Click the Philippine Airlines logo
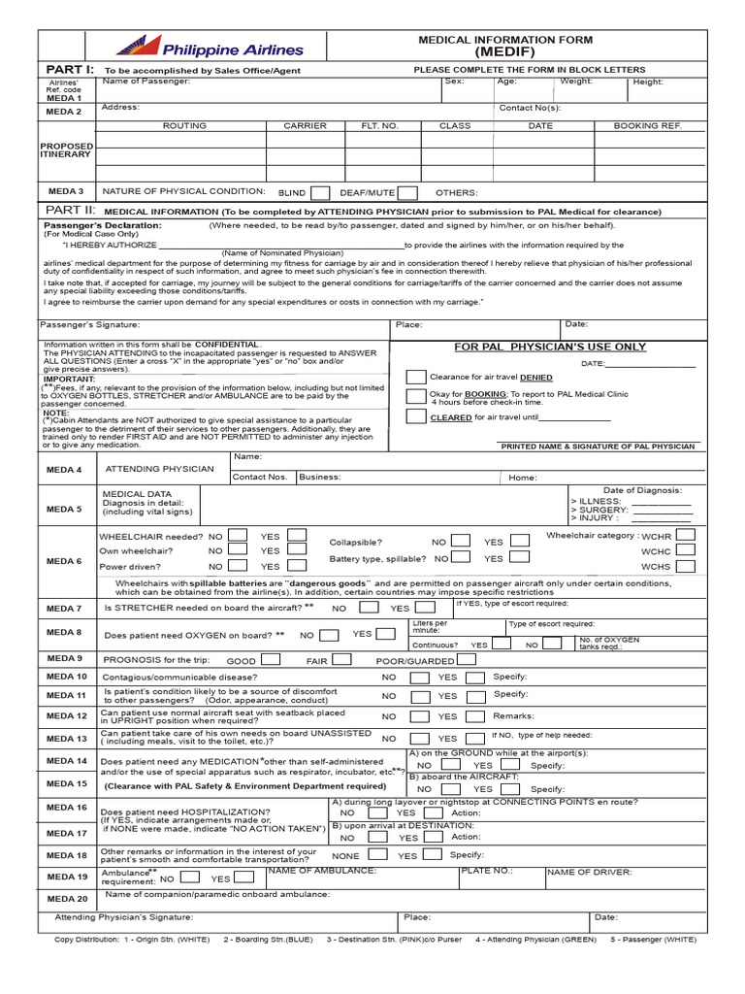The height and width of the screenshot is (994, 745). tap(210, 47)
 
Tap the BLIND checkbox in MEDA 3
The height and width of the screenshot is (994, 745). tap(320, 192)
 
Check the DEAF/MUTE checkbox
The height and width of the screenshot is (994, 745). tap(407, 192)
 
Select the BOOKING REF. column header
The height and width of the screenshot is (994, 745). tap(647, 126)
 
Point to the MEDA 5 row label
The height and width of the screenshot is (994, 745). tap(65, 509)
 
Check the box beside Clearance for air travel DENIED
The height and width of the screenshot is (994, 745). tap(415, 377)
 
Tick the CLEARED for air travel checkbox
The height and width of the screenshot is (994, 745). tap(415, 416)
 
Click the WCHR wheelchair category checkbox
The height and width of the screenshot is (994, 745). tap(685, 536)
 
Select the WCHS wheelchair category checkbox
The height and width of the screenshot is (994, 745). tap(685, 566)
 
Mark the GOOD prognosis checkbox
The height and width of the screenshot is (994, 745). tap(271, 659)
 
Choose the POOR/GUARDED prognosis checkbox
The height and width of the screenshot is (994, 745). tap(467, 659)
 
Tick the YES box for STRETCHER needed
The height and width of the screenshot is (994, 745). tap(423, 608)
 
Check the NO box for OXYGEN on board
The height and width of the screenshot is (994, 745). tap(329, 635)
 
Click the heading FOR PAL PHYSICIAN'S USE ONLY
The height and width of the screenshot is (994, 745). tap(550, 347)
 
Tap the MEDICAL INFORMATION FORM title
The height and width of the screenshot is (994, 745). tap(504, 41)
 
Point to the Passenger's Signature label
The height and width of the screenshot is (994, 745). tap(90, 324)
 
